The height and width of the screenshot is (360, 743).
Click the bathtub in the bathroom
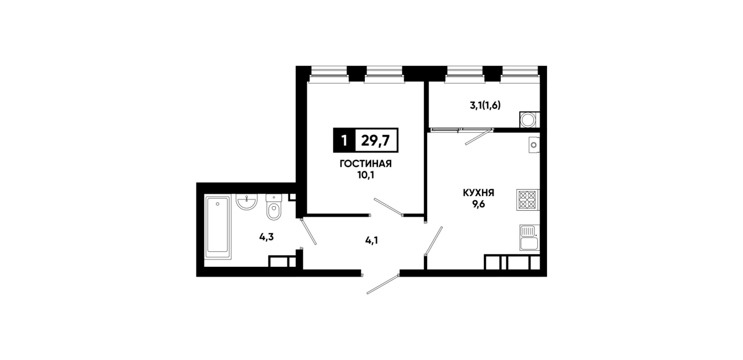pos(218,227)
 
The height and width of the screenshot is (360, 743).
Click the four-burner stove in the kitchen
pos(527,200)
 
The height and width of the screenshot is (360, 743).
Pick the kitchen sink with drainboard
pos(529,238)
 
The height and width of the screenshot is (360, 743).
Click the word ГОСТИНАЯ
pos(366,164)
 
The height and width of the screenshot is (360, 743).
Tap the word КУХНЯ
pos(479,193)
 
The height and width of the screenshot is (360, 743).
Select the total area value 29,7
pos(375,141)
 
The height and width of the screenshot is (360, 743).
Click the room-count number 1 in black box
pos(344,141)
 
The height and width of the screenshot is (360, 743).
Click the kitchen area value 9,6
pos(479,205)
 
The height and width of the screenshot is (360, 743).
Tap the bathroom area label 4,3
pos(266,237)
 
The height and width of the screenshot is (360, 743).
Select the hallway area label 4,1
pos(371,241)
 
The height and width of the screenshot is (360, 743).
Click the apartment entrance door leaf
pos(383,284)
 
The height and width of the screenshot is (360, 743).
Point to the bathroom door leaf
pos(308,231)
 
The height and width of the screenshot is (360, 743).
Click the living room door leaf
pos(388,207)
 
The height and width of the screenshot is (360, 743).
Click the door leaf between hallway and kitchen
pos(434,241)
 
